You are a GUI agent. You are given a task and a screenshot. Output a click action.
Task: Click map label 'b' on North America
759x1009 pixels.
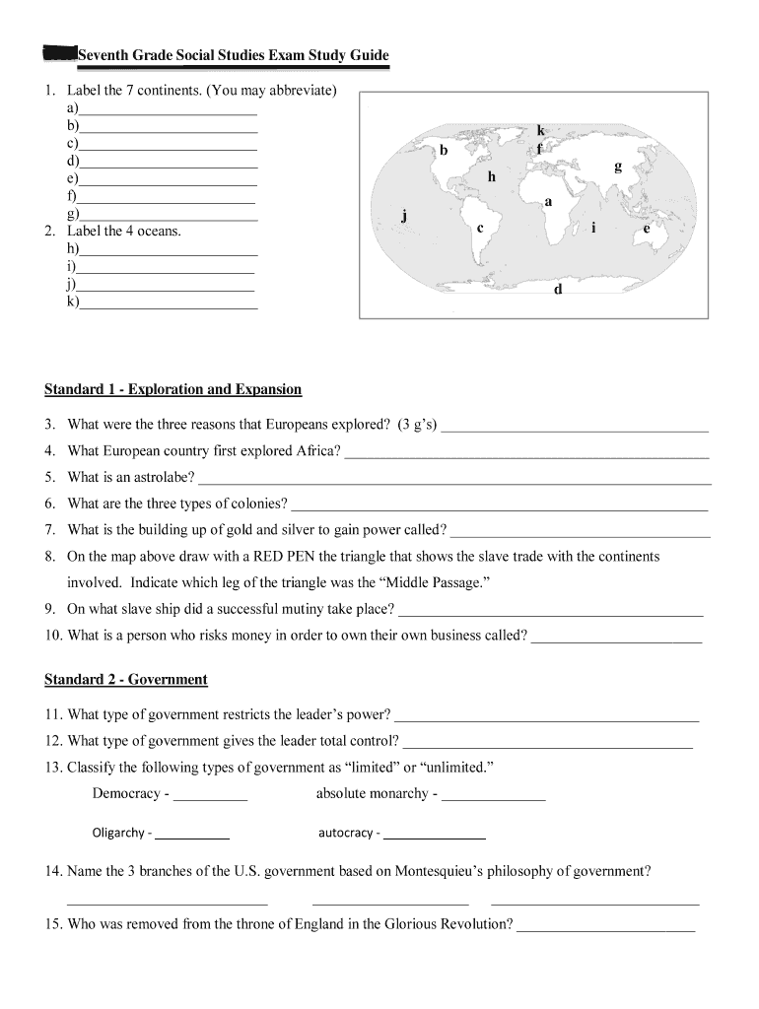(x=445, y=151)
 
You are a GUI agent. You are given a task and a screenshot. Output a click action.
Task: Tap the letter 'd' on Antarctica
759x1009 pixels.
(x=558, y=290)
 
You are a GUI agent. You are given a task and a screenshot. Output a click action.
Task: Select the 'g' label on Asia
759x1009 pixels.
(x=618, y=167)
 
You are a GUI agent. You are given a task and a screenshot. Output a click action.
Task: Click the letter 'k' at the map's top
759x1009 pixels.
(x=541, y=131)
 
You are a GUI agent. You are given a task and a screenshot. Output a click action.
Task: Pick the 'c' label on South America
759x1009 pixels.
(x=480, y=228)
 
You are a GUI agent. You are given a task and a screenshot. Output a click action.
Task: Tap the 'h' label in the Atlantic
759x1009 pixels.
(x=491, y=176)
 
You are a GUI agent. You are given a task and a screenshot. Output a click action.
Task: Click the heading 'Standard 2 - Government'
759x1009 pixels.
(x=125, y=680)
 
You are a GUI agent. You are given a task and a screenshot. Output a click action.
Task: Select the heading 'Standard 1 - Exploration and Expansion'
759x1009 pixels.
(x=172, y=389)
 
